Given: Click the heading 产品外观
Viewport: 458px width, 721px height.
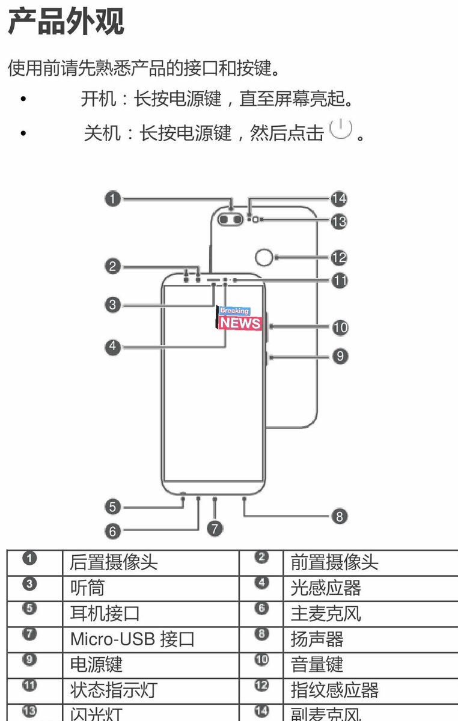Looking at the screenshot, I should coord(66,22).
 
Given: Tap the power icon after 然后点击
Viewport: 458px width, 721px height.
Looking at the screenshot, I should coord(341,129).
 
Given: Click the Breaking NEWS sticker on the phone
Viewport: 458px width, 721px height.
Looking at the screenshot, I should coord(240,318).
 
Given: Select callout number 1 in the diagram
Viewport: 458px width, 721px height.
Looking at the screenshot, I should coord(112,198).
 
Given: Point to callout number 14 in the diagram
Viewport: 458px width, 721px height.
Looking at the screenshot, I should coord(339,198).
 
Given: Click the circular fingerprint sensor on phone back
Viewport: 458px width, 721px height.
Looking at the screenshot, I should coord(263,258).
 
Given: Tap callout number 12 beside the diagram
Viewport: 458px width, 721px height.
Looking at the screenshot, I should coord(339,258).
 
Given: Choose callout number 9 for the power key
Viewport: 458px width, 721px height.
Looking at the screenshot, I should coord(340,356).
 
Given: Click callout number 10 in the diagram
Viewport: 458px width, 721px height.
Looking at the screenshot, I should coord(340,327).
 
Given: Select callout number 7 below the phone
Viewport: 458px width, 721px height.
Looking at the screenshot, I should coord(215,528).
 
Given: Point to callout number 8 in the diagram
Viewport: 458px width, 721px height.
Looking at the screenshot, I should coord(340,516).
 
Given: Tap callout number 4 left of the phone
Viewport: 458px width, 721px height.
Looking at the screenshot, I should coord(112,347).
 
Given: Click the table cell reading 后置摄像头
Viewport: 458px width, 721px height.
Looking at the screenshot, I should coord(114,562).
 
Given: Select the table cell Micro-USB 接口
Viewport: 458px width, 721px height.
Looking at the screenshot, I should coord(132,639).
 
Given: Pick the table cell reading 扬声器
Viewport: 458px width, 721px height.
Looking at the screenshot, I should coord(317,639).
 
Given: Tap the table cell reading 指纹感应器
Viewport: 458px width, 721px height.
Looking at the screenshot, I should coord(334,690).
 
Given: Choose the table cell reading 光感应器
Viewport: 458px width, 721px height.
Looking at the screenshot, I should coord(325,588).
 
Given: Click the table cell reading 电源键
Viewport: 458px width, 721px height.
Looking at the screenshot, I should coord(96,664).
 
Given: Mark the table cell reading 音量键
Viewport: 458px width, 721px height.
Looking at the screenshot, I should coord(317,664).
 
